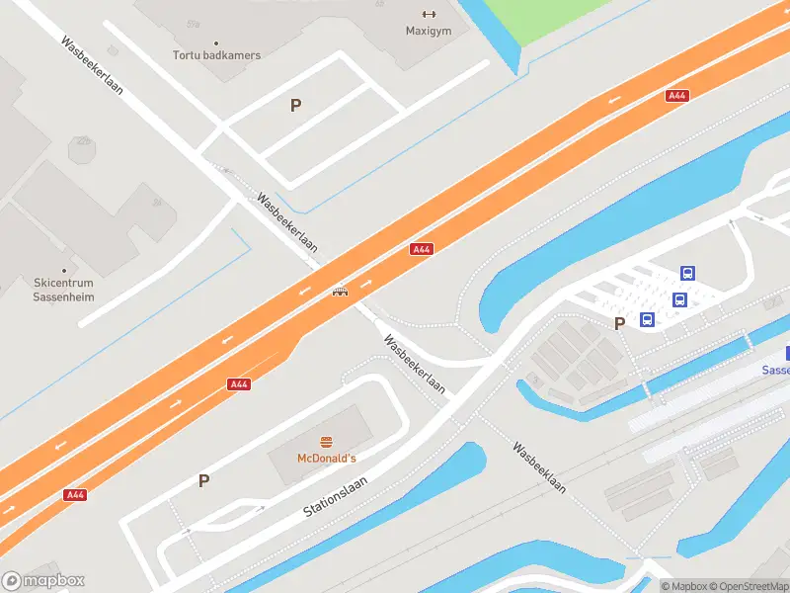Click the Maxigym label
tap(428, 31)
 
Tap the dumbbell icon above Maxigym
tap(429, 14)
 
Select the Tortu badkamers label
tap(217, 55)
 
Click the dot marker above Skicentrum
tap(64, 270)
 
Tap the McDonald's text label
tap(326, 459)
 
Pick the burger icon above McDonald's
tap(326, 442)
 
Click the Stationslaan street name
tap(336, 496)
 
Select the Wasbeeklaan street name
tap(538, 466)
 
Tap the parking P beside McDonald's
tap(204, 481)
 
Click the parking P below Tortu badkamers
tap(295, 105)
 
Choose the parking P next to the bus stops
tap(620, 323)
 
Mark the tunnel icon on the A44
tap(340, 292)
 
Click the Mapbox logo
tap(43, 581)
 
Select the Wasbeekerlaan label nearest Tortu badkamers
tap(91, 65)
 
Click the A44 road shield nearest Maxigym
tap(676, 96)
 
